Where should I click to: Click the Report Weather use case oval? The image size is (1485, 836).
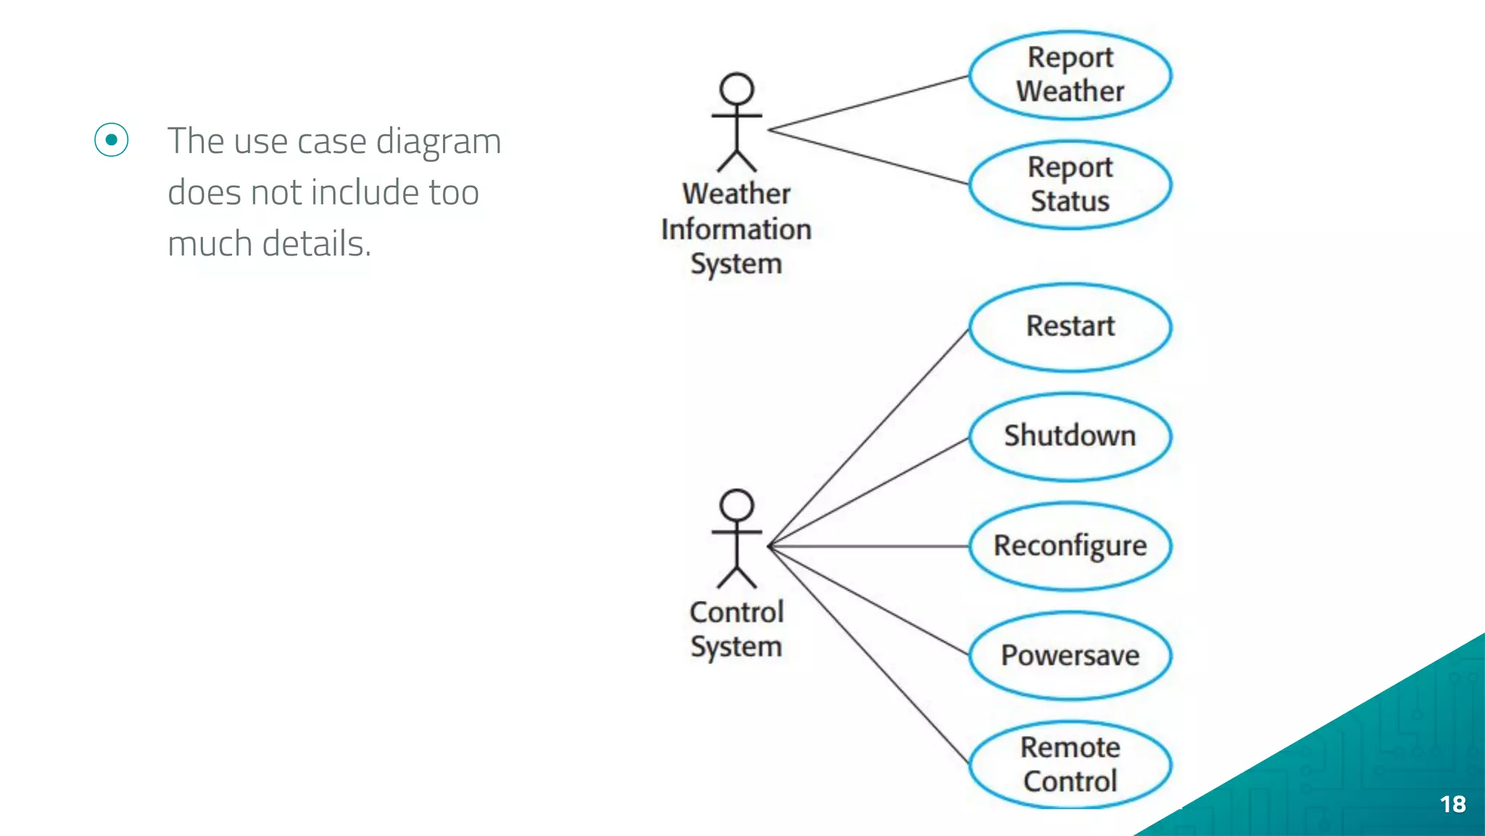pos(1070,75)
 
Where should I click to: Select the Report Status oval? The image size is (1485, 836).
pos(1070,184)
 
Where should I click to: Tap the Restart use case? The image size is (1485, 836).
pos(1070,327)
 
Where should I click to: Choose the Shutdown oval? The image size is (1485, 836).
pos(1070,437)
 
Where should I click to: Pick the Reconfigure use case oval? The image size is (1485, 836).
pos(1070,546)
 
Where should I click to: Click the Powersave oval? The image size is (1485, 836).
pos(1070,656)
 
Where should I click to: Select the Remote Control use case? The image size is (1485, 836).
pos(1070,765)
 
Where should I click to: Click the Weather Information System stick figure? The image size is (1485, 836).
pos(737,123)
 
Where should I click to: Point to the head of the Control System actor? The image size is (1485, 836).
pos(737,505)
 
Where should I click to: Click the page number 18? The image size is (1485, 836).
pos(1452,804)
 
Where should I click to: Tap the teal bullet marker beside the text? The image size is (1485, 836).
pos(112,139)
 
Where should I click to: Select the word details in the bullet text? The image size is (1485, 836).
pos(316,244)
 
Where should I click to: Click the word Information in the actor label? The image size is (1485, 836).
pos(736,229)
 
